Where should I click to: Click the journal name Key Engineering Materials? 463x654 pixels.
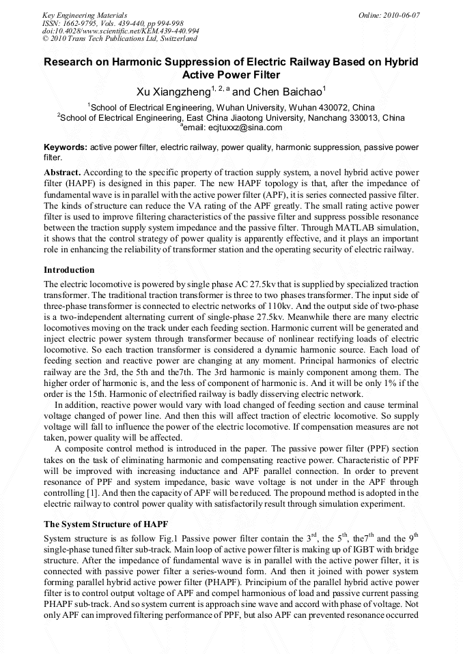[85, 15]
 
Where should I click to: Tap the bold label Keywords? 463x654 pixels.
[66, 147]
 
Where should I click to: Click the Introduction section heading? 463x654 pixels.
[69, 270]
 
